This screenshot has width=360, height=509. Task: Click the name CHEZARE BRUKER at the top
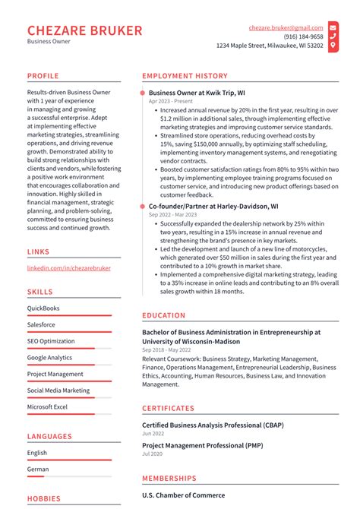(84, 30)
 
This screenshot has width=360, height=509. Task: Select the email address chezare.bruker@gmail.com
(286, 27)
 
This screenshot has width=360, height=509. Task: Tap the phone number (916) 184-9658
(303, 36)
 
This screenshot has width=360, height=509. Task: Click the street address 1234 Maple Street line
(270, 46)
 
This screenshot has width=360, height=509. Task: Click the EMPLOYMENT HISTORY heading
(185, 76)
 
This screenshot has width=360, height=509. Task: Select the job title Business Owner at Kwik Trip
(196, 92)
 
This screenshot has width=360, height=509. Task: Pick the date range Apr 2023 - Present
(171, 101)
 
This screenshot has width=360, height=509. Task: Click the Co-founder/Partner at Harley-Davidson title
(213, 206)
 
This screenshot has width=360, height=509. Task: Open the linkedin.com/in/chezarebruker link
(68, 268)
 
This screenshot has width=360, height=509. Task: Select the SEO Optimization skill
(51, 341)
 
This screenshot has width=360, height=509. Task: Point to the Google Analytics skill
(49, 358)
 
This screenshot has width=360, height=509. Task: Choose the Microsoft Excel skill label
(47, 407)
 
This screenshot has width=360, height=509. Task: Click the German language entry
(38, 469)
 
